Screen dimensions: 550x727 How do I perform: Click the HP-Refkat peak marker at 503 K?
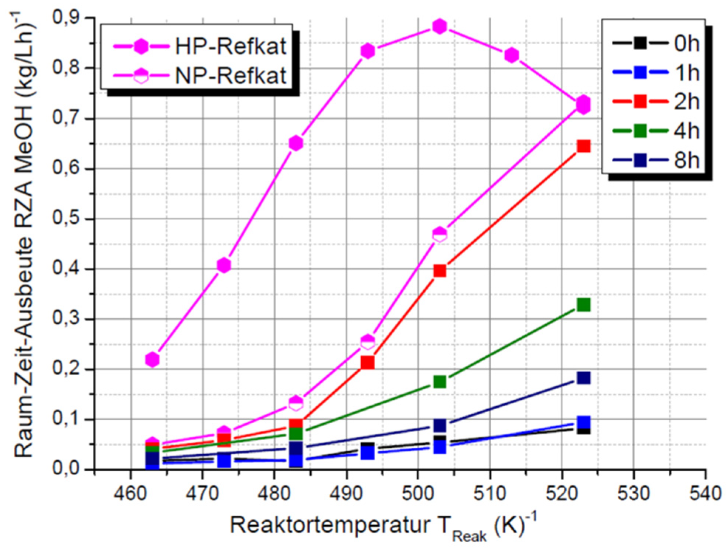439,26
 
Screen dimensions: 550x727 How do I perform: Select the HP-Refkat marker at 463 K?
152,359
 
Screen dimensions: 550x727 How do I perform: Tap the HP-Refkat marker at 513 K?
511,55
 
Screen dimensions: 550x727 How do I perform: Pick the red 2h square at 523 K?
583,146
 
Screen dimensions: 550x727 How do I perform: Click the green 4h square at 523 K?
583,305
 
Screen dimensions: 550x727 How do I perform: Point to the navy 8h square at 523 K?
583,378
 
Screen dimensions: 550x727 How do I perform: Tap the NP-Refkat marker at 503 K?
439,234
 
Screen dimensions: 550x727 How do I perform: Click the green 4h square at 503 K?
439,382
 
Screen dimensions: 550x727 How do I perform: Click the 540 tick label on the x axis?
705,493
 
